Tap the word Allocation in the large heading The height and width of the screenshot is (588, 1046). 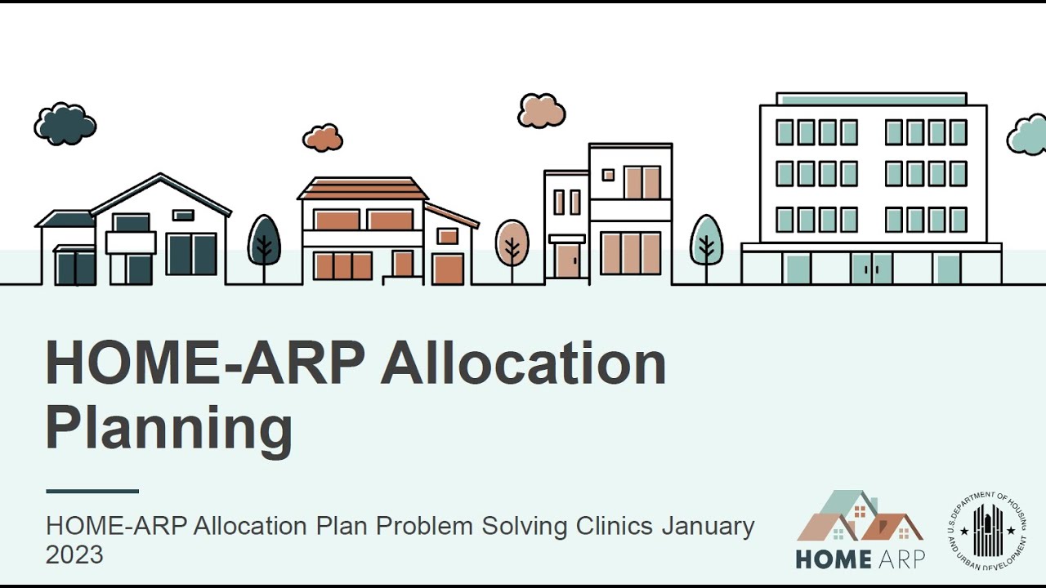pyautogui.click(x=523, y=364)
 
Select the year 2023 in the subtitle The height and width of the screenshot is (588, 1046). pyautogui.click(x=74, y=555)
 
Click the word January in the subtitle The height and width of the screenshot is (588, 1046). pyautogui.click(x=708, y=526)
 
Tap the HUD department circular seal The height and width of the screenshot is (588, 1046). pyautogui.click(x=988, y=530)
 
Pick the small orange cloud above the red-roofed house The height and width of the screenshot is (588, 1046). pyautogui.click(x=323, y=138)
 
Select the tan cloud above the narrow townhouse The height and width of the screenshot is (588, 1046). pyautogui.click(x=541, y=111)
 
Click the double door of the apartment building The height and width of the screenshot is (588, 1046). pyautogui.click(x=872, y=268)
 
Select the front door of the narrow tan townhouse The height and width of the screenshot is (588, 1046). pyautogui.click(x=567, y=261)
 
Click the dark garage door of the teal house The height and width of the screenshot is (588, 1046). pyautogui.click(x=74, y=267)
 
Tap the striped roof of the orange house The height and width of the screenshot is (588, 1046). pyautogui.click(x=363, y=189)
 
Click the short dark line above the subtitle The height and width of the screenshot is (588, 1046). pyautogui.click(x=92, y=492)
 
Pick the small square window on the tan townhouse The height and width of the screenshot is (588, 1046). pyautogui.click(x=608, y=175)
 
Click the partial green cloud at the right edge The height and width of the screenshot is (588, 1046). pyautogui.click(x=1028, y=136)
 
